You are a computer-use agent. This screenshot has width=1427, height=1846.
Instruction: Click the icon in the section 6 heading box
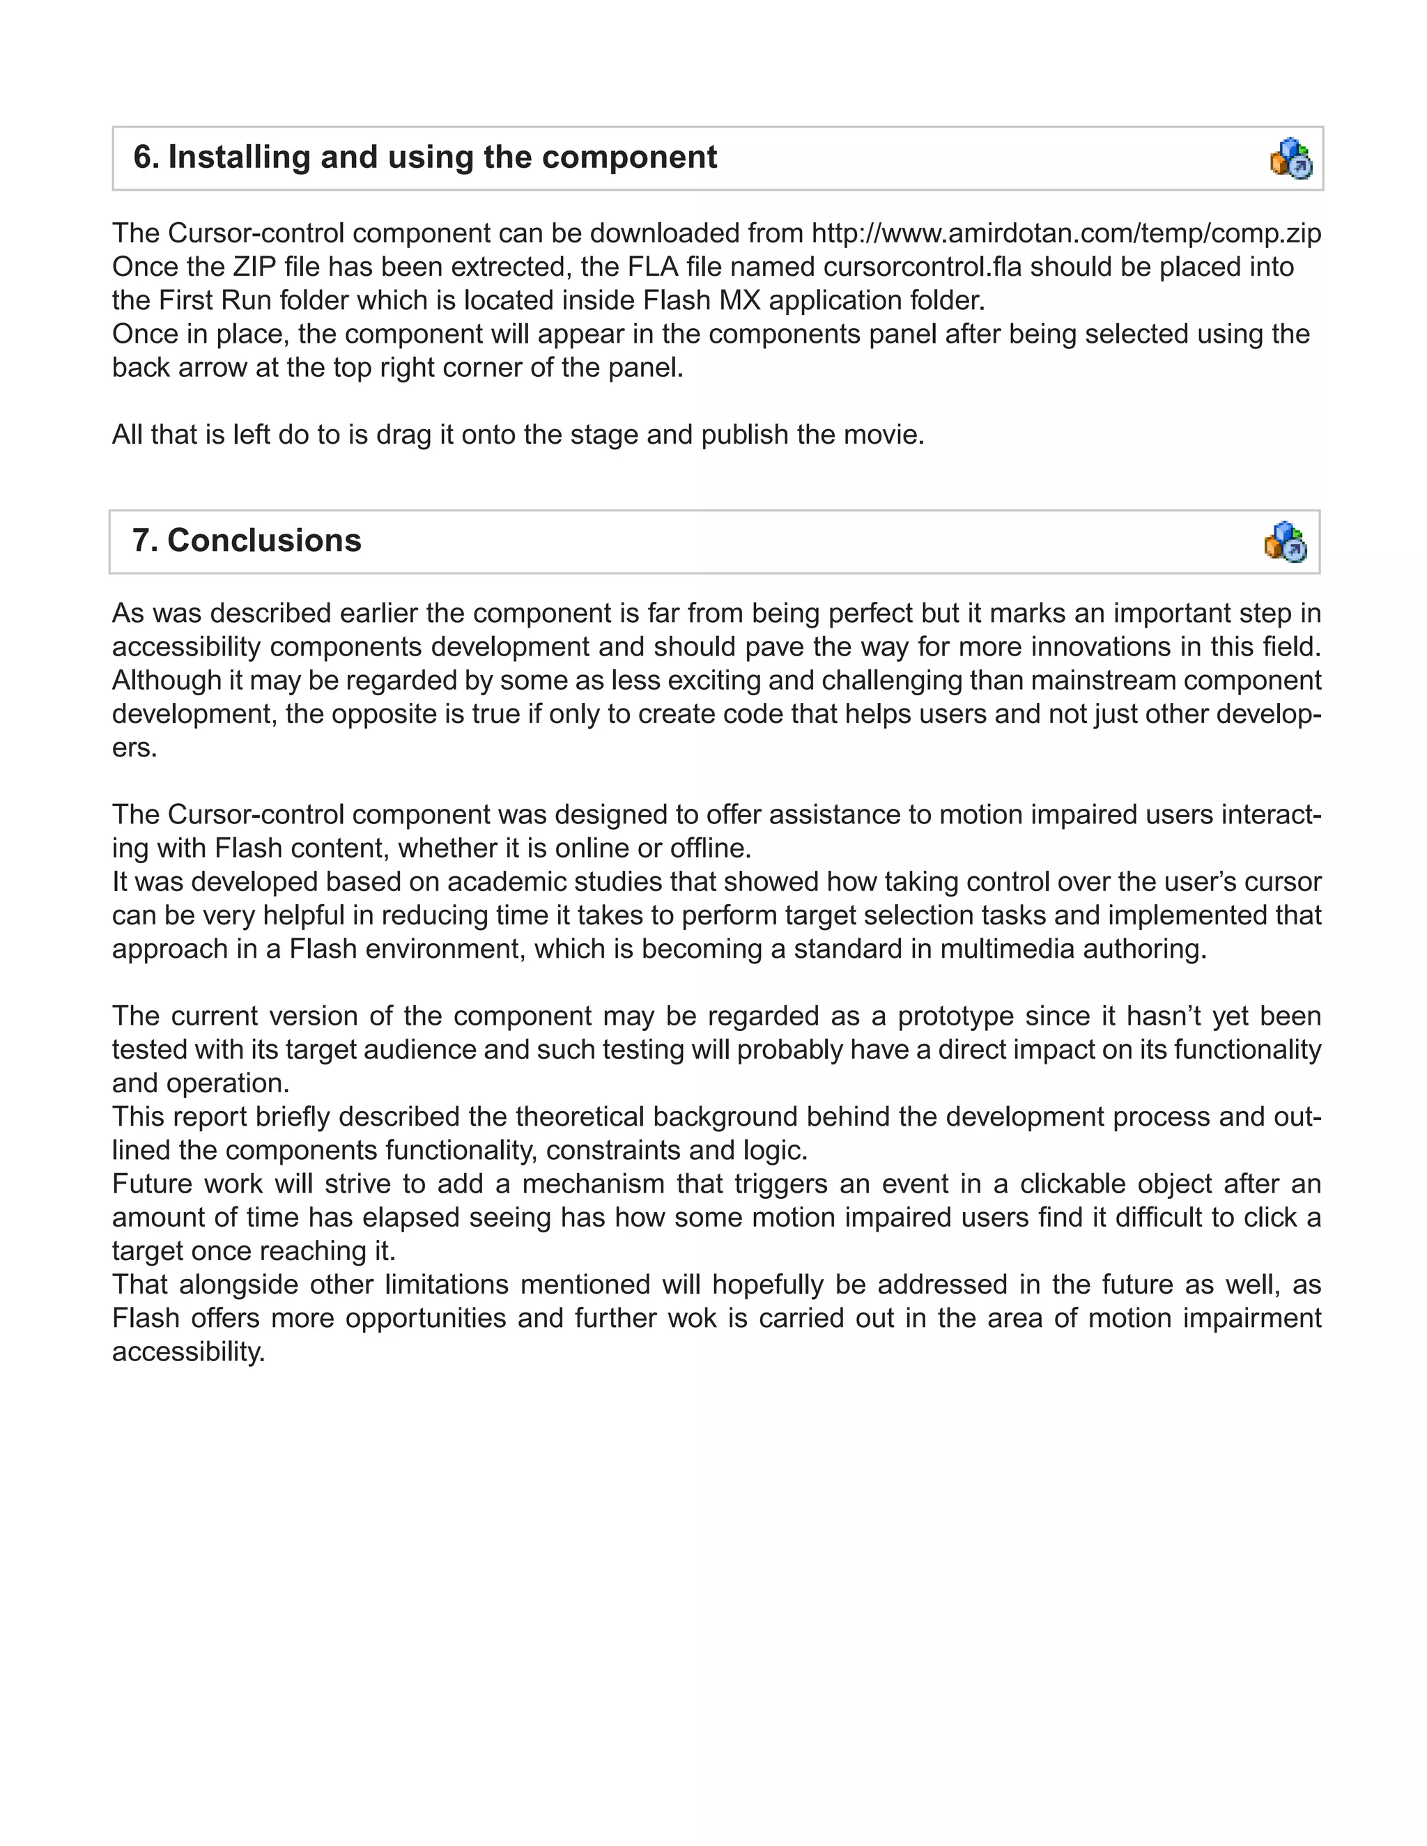click(x=1291, y=158)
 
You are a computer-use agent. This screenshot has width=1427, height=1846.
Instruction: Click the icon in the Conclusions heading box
click(x=1286, y=541)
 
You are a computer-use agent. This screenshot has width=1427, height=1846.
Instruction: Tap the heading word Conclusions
click(x=264, y=541)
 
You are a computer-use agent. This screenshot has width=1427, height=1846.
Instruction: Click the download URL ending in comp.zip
click(x=1066, y=233)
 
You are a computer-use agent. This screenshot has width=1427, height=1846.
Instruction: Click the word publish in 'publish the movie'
click(x=746, y=435)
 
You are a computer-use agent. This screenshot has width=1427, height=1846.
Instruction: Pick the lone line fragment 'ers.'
click(x=134, y=748)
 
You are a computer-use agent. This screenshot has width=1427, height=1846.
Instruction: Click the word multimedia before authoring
click(x=1015, y=949)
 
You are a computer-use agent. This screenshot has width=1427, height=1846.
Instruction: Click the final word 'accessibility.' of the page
click(x=189, y=1352)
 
